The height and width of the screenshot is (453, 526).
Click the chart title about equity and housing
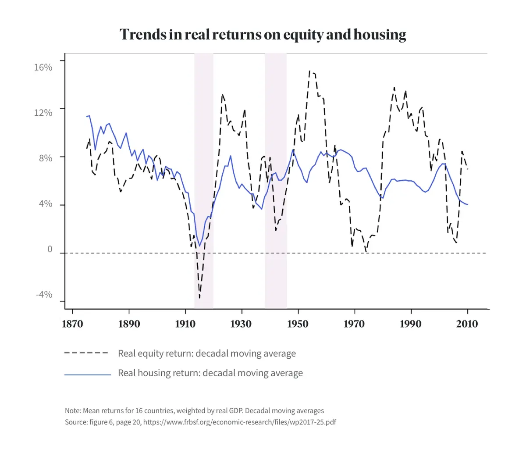pos(263,35)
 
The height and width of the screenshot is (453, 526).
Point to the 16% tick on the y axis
pos(43,67)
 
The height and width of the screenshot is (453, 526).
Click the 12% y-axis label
pos(43,113)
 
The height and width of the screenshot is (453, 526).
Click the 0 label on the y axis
pos(50,250)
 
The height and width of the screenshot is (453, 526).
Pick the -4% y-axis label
pos(44,295)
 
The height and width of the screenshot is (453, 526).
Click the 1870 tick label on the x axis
pos(73,324)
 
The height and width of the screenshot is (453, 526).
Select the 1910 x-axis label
pos(185,324)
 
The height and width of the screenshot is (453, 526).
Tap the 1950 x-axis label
pos(298,324)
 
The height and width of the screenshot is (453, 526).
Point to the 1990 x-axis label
pos(411,324)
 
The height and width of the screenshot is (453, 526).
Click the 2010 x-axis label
pos(467,324)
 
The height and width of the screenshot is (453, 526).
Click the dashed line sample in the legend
pos(86,353)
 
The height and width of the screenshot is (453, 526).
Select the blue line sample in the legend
pos(88,375)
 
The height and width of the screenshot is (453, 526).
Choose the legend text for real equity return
pos(206,353)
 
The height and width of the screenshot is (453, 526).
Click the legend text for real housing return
pos(210,373)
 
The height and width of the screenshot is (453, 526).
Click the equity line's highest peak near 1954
pos(309,71)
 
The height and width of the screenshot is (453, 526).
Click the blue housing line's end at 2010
pos(467,205)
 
